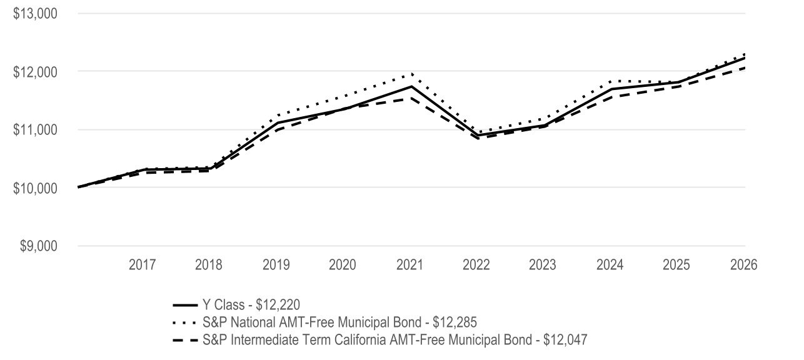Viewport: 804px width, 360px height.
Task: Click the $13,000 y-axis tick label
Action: pos(35,14)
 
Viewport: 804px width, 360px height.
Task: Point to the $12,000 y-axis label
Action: pos(35,72)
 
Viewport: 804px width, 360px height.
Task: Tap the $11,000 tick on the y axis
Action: pos(35,129)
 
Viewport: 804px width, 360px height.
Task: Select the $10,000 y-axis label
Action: pos(35,188)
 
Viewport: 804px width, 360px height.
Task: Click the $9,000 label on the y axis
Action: pos(38,246)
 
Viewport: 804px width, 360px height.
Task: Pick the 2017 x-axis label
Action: pos(143,265)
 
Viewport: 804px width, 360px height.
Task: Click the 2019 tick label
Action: pos(276,265)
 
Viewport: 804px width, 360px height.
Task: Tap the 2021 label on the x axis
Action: pos(410,265)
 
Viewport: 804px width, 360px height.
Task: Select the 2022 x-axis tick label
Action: pos(476,265)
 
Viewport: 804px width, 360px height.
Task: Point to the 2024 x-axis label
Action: pos(610,265)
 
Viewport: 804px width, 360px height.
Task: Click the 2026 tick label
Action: pos(744,265)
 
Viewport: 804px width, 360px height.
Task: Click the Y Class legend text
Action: pos(251,305)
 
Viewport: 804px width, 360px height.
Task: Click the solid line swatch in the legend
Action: pos(185,306)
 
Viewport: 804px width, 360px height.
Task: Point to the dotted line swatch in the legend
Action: pos(185,323)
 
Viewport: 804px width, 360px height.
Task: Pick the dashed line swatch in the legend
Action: pos(185,340)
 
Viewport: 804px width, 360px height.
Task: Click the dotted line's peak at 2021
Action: pos(412,74)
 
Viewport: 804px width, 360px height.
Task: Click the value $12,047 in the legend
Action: pos(565,339)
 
